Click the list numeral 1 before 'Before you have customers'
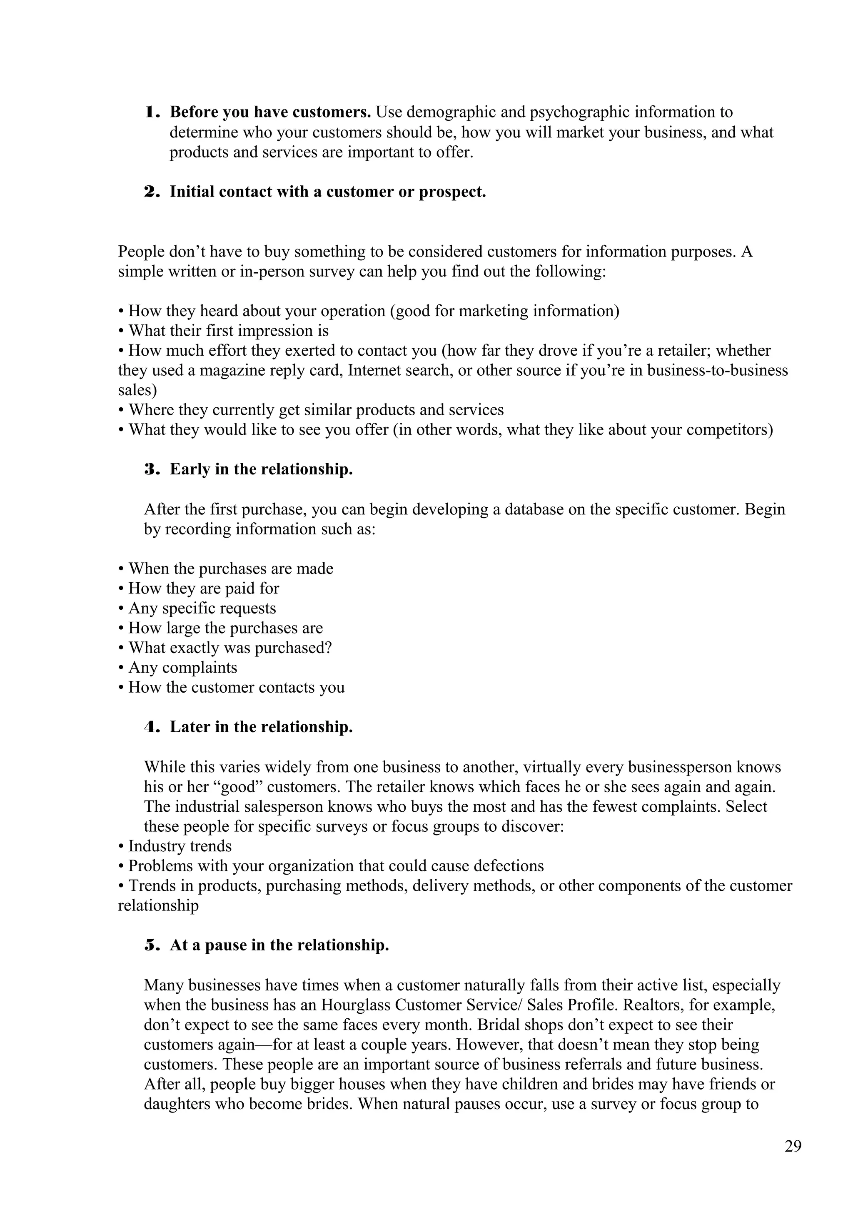(x=151, y=112)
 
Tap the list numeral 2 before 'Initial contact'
(x=151, y=192)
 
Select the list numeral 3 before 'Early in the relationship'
(x=151, y=469)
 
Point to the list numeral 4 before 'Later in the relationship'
(x=151, y=727)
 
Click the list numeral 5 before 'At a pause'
(x=151, y=945)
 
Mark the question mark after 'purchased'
(x=329, y=648)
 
